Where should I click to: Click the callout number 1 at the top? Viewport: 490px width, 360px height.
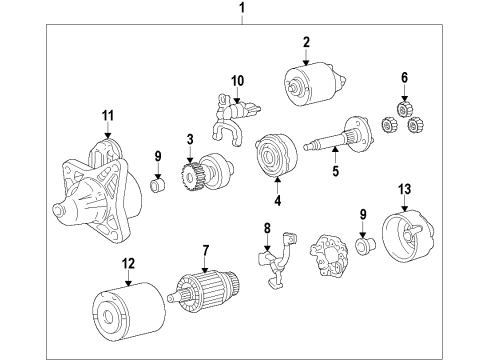pyautogui.click(x=242, y=7)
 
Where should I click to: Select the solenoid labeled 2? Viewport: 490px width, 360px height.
pyautogui.click(x=314, y=84)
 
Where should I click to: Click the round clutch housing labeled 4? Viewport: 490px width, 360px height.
pyautogui.click(x=276, y=156)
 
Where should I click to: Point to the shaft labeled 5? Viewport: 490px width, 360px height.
pyautogui.click(x=337, y=136)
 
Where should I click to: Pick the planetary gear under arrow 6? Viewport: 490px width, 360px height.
pyautogui.click(x=405, y=108)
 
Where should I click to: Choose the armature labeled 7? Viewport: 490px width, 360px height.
pyautogui.click(x=204, y=291)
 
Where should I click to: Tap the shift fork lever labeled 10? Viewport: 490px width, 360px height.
pyautogui.click(x=233, y=120)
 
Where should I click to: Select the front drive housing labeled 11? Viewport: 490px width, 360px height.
pyautogui.click(x=97, y=193)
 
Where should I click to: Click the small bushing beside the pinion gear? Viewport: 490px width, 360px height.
pyautogui.click(x=158, y=185)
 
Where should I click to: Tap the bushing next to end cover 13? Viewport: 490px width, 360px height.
pyautogui.click(x=365, y=246)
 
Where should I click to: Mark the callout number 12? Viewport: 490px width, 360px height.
pyautogui.click(x=128, y=263)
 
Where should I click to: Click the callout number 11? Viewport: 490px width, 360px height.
pyautogui.click(x=108, y=116)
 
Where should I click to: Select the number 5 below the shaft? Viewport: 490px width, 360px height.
pyautogui.click(x=335, y=171)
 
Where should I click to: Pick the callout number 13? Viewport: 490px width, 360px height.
pyautogui.click(x=404, y=189)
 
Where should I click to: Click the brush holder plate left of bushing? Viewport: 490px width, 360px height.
pyautogui.click(x=329, y=255)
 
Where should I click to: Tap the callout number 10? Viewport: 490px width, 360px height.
pyautogui.click(x=237, y=81)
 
